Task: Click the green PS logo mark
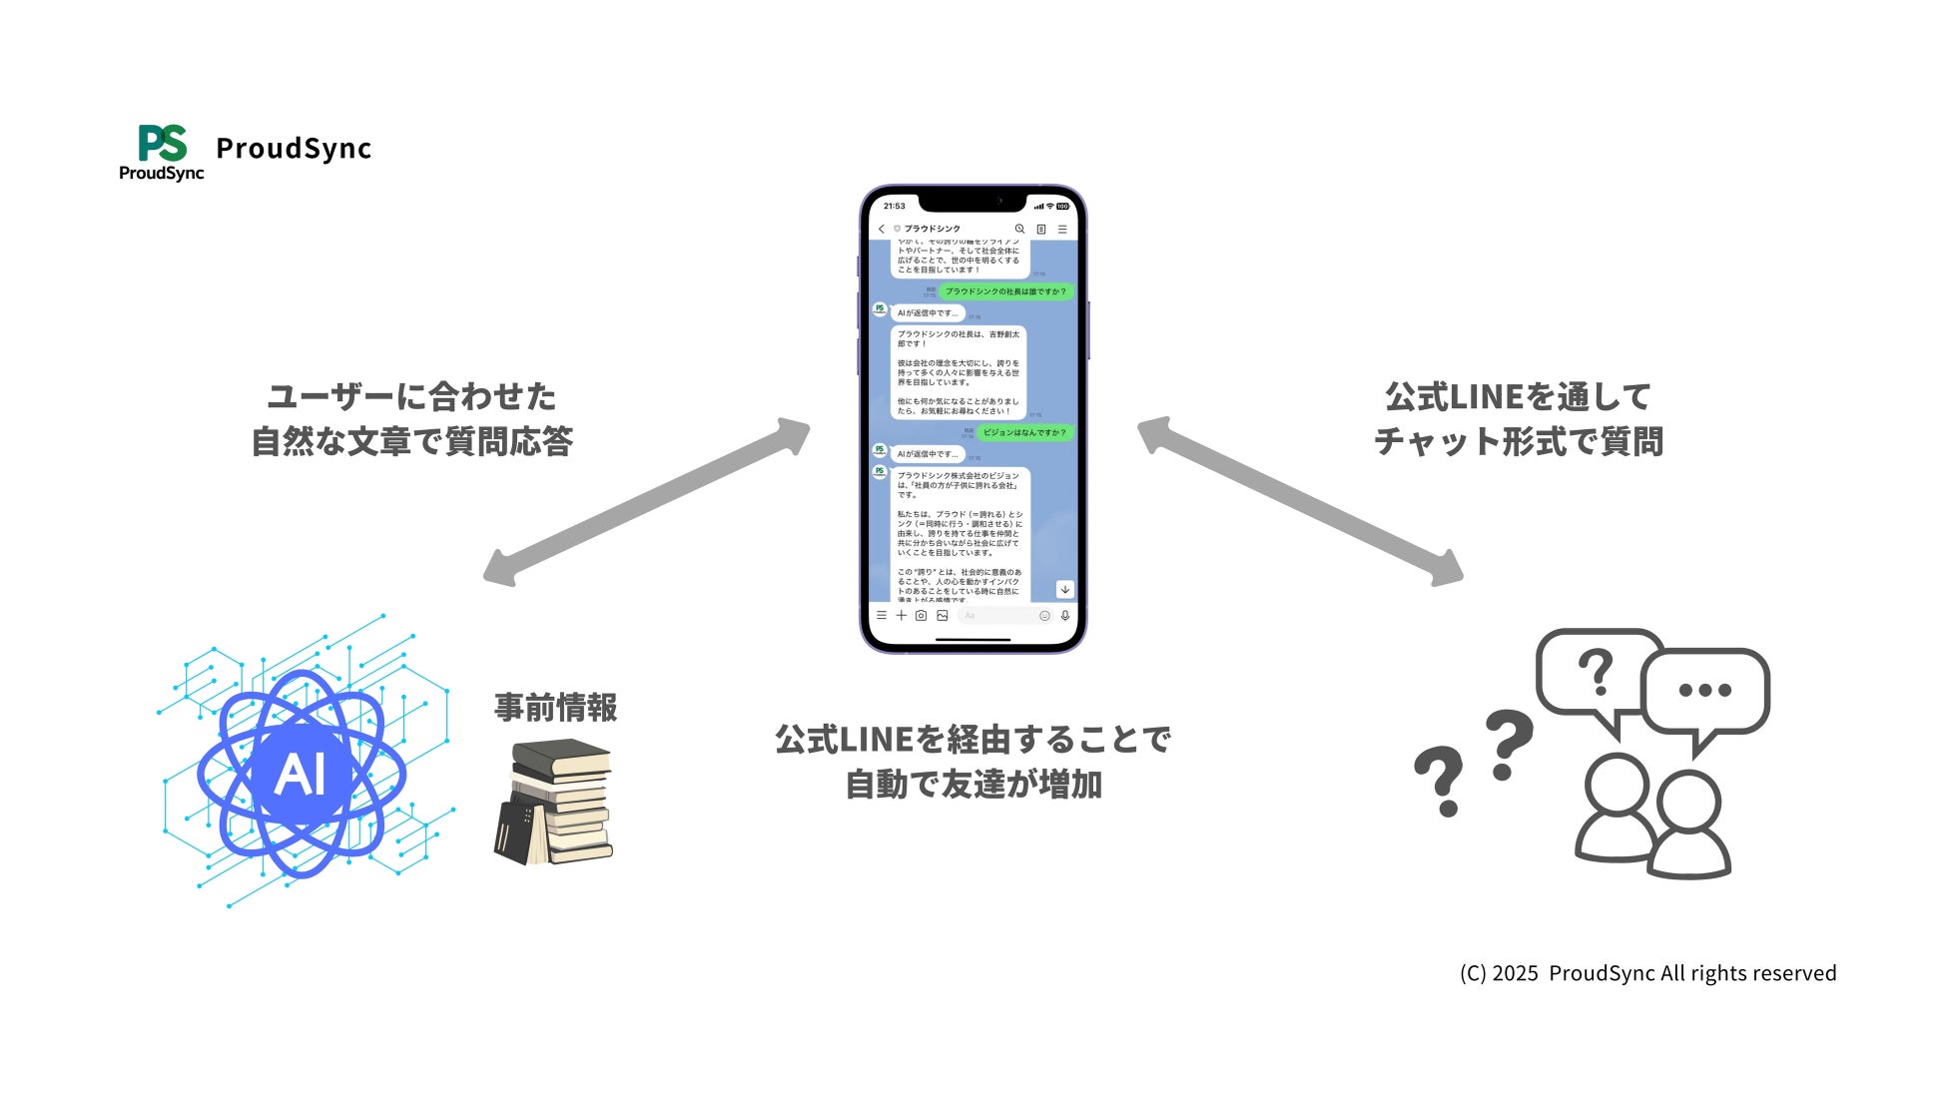162,143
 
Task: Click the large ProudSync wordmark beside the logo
294,149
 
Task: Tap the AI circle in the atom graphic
301,774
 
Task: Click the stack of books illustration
553,802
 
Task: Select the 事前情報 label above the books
556,708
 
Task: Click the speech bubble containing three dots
1704,691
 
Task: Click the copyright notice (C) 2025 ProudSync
1647,973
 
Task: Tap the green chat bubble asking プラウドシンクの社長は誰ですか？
1005,291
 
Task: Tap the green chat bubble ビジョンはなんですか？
1024,432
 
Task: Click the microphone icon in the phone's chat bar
1065,616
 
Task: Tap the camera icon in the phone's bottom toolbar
922,616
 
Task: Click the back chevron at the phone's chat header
882,229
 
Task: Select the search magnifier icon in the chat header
1019,229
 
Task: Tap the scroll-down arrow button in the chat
1065,589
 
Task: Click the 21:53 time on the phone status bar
895,207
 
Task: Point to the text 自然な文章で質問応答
411,441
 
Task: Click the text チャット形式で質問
1518,441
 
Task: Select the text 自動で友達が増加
973,785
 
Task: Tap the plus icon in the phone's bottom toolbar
901,616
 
